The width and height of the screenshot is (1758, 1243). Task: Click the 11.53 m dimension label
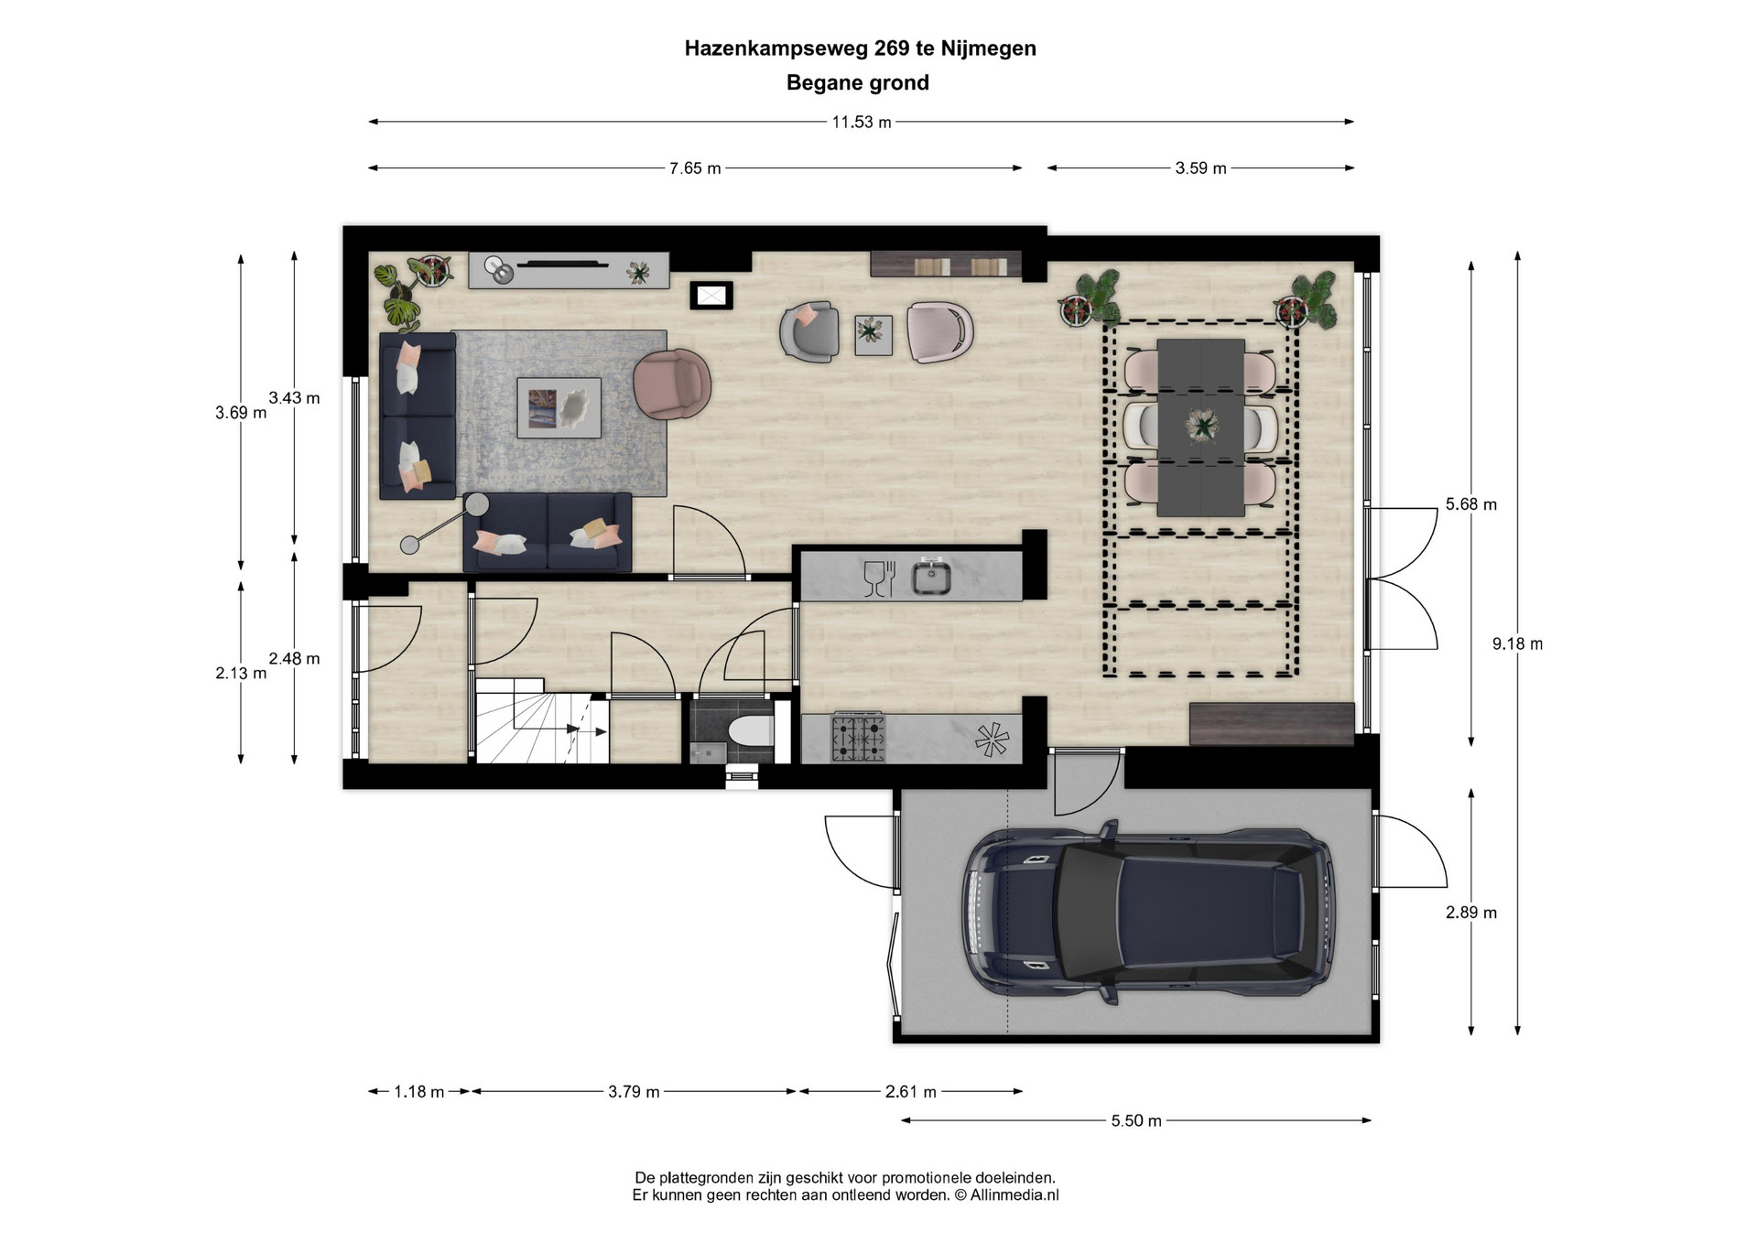(x=861, y=123)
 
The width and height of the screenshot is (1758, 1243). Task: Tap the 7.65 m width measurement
(x=695, y=168)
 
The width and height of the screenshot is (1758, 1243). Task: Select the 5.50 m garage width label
(x=1136, y=1121)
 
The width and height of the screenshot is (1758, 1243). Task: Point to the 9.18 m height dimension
(x=1517, y=644)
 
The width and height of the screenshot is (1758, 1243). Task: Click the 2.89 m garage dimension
(x=1471, y=913)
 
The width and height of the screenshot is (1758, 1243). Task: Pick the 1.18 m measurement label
(x=418, y=1092)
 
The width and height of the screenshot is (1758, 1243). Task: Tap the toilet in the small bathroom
(x=753, y=731)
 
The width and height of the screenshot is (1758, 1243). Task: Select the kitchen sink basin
(x=931, y=578)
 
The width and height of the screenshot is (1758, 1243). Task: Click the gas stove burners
(x=858, y=738)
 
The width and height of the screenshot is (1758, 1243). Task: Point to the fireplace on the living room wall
(x=711, y=296)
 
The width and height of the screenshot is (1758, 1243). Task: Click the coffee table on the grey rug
(x=559, y=408)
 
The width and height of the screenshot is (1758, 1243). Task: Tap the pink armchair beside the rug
(x=672, y=384)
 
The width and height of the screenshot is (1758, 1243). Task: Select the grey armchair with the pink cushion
(x=809, y=330)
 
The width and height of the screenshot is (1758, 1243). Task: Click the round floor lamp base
(x=409, y=546)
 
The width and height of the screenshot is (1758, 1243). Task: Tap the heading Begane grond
(x=858, y=83)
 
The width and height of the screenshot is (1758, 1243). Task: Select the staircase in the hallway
(x=542, y=720)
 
